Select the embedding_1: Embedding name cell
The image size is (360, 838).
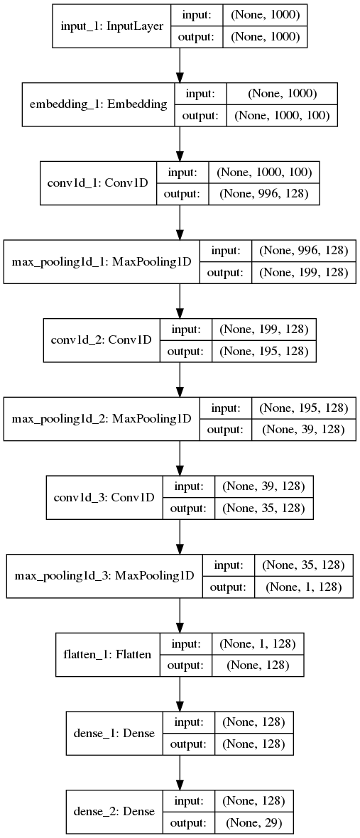(98, 104)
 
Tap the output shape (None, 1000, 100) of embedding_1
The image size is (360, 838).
(282, 116)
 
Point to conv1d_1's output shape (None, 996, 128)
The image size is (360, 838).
(263, 193)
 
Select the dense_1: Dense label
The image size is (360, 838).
(114, 731)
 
